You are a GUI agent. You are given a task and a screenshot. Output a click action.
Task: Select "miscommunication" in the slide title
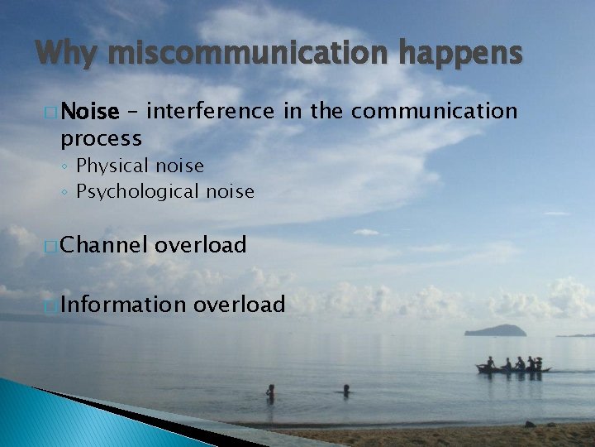247,54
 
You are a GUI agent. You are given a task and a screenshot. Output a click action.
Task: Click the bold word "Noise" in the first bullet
90,111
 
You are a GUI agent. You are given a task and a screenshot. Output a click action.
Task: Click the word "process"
101,137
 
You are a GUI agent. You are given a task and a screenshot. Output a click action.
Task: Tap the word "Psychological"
139,192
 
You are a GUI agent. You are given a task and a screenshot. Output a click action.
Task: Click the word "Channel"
104,245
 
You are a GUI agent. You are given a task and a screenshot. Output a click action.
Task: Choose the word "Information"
124,305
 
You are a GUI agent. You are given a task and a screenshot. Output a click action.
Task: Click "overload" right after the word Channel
201,245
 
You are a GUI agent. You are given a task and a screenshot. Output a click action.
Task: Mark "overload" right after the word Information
240,305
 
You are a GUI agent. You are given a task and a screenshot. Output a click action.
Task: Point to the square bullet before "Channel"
52,246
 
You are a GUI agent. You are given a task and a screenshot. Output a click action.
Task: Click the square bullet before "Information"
52,305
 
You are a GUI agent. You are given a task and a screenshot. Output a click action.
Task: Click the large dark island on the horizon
496,330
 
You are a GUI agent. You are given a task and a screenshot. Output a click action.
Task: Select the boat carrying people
512,368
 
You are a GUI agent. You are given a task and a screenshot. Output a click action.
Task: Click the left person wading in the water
270,392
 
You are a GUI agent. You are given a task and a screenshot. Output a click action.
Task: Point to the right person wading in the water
346,389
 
